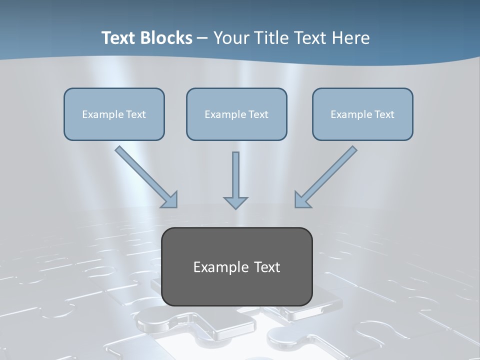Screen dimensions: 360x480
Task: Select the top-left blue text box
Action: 114,114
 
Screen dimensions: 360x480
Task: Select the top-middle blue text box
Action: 236,114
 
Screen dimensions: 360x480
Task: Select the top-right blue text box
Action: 362,114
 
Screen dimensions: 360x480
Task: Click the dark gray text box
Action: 236,266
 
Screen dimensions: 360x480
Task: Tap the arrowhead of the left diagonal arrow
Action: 170,200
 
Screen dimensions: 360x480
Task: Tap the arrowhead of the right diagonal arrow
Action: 301,200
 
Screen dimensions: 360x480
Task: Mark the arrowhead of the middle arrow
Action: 235,202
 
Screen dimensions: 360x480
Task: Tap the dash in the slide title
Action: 202,38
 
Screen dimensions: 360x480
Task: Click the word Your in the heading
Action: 231,38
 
